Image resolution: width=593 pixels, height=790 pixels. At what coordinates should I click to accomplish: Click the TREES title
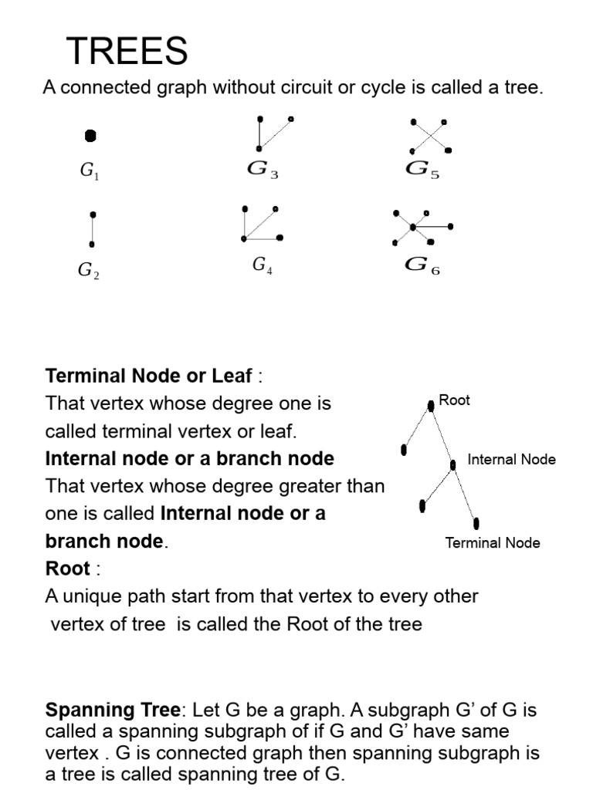click(127, 52)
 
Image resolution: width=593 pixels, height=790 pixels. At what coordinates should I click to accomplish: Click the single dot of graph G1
click(90, 136)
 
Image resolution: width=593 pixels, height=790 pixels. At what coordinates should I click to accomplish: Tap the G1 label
click(90, 171)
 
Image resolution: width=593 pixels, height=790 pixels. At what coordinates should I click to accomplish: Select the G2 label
click(88, 270)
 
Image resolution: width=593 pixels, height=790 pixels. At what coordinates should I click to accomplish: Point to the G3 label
click(263, 170)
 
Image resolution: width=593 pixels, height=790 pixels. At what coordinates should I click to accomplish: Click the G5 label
click(422, 170)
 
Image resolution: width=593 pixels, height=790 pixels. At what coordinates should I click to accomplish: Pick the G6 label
click(422, 265)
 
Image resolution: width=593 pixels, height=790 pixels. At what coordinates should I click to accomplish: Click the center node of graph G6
click(413, 227)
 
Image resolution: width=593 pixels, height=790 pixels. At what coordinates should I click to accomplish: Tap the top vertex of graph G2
click(93, 214)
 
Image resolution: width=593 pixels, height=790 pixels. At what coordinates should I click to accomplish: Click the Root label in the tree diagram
click(454, 400)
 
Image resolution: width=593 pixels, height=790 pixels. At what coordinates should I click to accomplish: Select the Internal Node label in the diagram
click(511, 459)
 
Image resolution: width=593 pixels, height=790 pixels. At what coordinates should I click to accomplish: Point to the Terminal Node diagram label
click(493, 542)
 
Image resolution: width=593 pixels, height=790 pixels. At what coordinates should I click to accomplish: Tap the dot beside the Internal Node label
click(453, 464)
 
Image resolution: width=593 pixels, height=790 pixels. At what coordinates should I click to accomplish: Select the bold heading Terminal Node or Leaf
click(149, 376)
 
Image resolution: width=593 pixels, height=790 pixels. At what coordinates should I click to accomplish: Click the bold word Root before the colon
click(68, 569)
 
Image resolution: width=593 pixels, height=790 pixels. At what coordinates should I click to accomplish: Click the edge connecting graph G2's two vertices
click(93, 229)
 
